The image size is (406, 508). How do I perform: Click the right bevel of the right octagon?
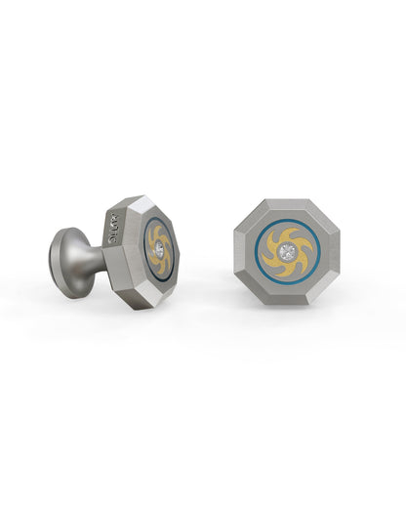coord(333,253)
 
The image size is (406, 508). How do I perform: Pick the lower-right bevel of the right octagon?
coord(319,288)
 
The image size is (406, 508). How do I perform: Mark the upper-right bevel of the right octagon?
coord(319,218)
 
